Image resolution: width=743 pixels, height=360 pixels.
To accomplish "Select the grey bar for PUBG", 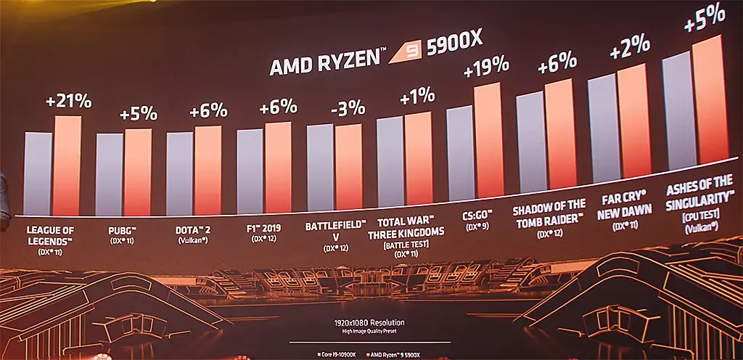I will pos(110,174).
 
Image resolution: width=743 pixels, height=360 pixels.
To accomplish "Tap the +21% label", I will pos(68,102).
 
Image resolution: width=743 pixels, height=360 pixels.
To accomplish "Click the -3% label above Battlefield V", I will pos(348,109).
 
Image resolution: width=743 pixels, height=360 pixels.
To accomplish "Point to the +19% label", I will pos(486,70).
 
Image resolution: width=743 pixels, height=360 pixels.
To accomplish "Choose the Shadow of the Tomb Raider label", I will pos(549,216).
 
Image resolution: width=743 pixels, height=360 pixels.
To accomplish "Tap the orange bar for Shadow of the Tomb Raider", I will pos(560,134).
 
